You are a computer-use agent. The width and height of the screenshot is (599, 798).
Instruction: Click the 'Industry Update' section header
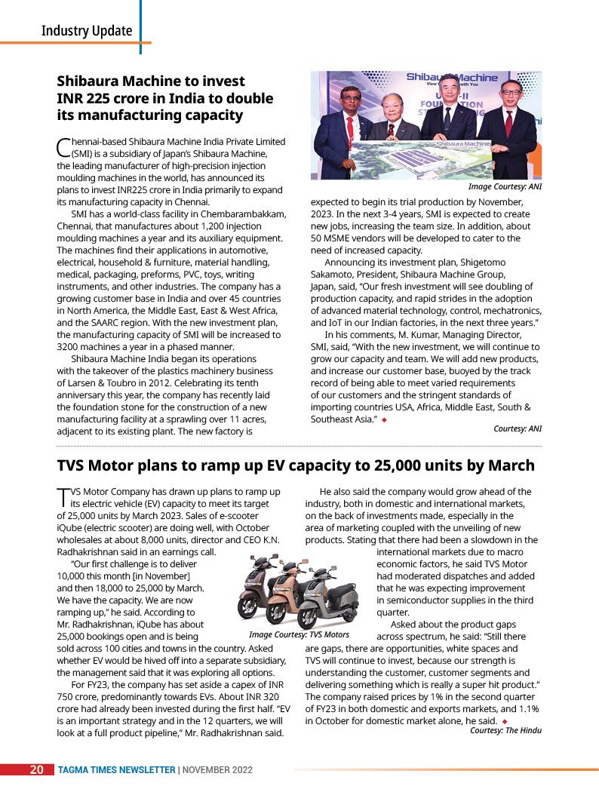87,31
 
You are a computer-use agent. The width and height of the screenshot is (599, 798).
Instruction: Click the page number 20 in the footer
36,770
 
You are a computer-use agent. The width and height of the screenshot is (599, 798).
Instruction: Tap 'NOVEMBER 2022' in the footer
217,770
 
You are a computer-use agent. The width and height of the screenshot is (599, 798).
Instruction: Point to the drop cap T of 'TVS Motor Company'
63,496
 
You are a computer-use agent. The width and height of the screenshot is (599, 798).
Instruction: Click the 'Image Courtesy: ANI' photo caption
505,186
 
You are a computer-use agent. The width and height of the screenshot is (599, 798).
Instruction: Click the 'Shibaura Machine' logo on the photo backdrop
452,77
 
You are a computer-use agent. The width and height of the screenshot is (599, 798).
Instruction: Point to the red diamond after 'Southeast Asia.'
384,419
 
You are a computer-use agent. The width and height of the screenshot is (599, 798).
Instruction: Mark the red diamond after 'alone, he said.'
503,721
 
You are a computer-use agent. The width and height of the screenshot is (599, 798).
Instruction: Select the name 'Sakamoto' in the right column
333,275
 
